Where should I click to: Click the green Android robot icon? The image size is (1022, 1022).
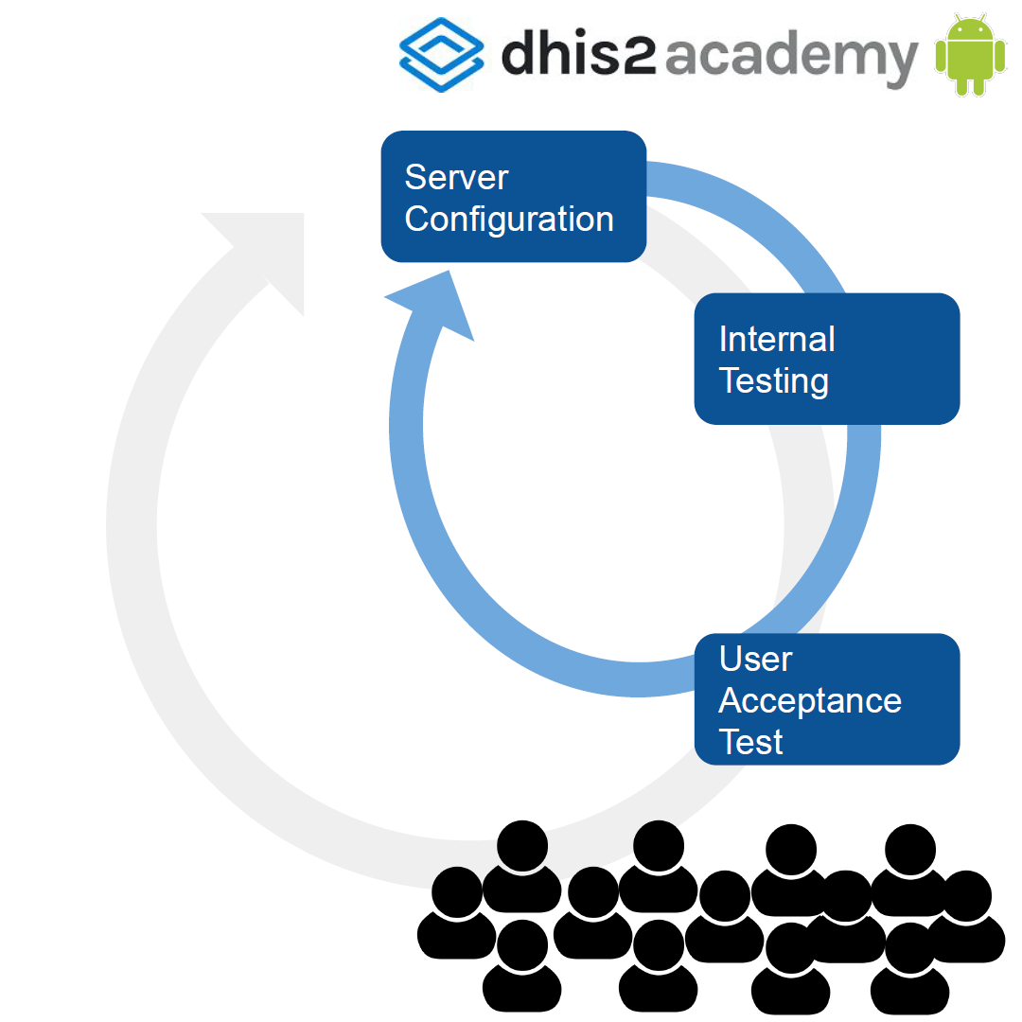[971, 55]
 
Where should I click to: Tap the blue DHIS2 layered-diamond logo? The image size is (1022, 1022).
[442, 55]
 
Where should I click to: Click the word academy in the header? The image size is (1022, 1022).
[791, 59]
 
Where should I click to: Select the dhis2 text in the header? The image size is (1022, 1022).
[579, 52]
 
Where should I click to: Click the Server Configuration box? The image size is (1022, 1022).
[514, 196]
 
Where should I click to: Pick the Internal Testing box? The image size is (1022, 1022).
[827, 359]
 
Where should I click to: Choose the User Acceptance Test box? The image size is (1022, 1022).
[827, 698]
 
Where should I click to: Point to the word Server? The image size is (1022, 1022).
[456, 177]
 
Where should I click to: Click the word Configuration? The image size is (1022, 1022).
[509, 220]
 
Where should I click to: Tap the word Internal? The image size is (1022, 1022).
[777, 339]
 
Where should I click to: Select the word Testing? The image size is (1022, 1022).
[774, 381]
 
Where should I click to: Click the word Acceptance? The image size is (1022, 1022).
[810, 701]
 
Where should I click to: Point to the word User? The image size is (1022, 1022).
[756, 659]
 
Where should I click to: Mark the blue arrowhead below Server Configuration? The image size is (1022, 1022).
[432, 304]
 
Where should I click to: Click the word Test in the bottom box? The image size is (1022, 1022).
[750, 743]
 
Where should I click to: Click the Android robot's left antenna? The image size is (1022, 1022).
[958, 17]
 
